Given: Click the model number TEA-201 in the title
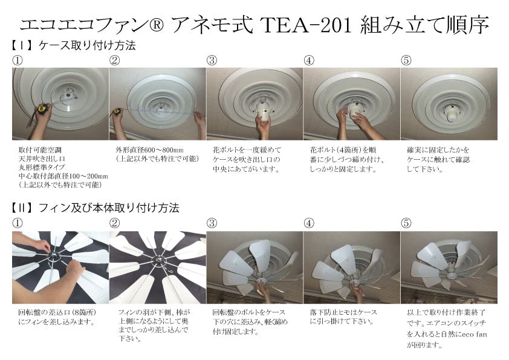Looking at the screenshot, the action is [306, 25].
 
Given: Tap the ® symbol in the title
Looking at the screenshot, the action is [157, 25].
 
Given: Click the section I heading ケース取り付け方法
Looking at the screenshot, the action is [87, 45].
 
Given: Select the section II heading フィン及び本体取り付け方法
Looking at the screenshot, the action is [109, 208].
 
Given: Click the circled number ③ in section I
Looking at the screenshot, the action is [212, 60].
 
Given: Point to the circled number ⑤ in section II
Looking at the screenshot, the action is [406, 223].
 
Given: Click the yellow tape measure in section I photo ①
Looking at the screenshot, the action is [42, 108].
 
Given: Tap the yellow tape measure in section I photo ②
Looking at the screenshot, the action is [117, 112].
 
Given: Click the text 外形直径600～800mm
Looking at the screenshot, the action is [150, 150].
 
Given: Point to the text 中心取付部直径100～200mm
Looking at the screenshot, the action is [63, 177].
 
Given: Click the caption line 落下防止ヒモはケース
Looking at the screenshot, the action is [343, 313].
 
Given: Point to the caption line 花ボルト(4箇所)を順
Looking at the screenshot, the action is [343, 150].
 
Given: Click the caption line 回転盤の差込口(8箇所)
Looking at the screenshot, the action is [57, 313].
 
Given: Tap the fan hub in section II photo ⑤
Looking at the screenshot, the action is [451, 276].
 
